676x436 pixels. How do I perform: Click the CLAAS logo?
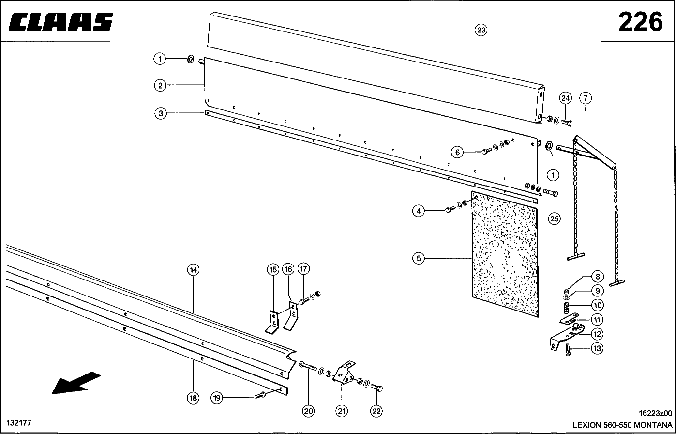point(60,23)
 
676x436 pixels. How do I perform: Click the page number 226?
point(640,22)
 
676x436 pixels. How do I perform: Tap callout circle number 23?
point(481,30)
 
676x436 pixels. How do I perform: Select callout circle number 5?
point(419,258)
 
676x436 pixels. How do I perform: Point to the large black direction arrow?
point(76,382)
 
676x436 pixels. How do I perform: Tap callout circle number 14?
point(193,270)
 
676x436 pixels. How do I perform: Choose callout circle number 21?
point(342,411)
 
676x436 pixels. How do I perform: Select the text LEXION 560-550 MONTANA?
point(622,425)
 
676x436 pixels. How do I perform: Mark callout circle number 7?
point(585,98)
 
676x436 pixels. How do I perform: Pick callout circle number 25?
point(554,218)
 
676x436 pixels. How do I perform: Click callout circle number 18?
point(193,398)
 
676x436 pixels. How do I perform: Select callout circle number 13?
point(597,348)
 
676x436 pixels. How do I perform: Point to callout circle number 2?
point(160,86)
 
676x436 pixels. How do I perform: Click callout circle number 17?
point(303,269)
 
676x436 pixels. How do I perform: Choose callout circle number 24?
point(565,98)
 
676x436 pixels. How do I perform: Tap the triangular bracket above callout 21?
point(344,374)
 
